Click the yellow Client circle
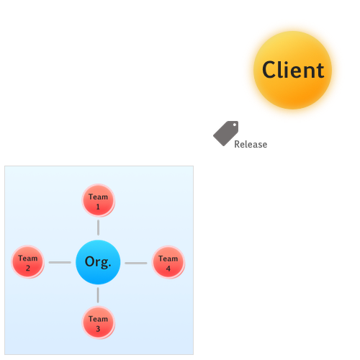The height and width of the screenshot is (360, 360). coord(292,70)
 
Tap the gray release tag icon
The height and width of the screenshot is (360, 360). coord(226,133)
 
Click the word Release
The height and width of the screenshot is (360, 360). coord(251,144)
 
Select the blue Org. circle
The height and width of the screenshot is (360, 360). coord(98,262)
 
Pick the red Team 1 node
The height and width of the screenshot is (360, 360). coord(98,200)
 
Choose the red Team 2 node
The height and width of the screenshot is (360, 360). coord(28,262)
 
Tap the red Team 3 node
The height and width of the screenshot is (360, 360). coord(98,323)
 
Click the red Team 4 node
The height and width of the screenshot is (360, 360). coord(168,262)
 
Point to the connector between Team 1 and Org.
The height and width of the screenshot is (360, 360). coord(98,228)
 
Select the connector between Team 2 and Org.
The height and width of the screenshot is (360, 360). coord(60,262)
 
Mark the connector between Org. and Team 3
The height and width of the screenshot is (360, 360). coord(98,295)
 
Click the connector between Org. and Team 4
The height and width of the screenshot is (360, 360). coord(136,263)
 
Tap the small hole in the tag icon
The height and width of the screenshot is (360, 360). coord(235,125)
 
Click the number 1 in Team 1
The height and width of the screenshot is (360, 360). coord(98,207)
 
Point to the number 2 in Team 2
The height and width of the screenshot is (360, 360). coord(28,268)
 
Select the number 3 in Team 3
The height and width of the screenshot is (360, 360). coord(98,329)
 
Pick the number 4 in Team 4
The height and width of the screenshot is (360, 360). coord(168,269)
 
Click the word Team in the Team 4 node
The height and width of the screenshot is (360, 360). coord(168,258)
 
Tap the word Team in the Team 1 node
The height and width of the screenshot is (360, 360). coord(98,197)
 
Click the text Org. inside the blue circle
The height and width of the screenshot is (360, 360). coord(98,262)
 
